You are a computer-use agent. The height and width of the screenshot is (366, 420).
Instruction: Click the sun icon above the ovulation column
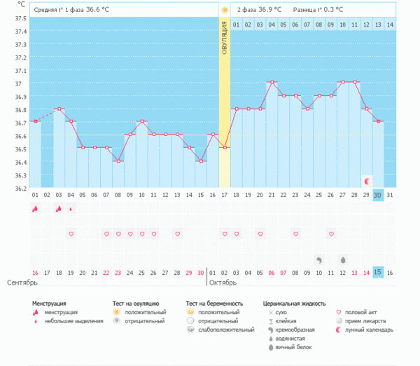point(225,11)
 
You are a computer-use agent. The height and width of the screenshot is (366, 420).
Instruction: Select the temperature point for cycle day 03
point(59,109)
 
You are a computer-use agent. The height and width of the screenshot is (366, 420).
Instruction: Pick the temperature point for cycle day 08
point(118,161)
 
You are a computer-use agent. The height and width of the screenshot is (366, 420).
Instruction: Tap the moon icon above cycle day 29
point(367,182)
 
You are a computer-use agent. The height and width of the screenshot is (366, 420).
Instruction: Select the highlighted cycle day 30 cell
point(378,194)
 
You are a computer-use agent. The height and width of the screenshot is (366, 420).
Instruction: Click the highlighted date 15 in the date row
point(378,272)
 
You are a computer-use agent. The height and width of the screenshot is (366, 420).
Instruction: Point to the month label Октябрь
point(223,283)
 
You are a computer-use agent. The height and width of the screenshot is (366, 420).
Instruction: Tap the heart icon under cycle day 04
point(71,233)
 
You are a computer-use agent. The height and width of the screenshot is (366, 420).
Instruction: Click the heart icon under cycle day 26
point(331,233)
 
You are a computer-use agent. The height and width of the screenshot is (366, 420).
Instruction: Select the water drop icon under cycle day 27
point(343,259)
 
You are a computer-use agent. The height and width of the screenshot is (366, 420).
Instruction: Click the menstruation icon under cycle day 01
point(35,209)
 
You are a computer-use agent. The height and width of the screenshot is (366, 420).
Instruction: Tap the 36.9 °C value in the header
point(271,11)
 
